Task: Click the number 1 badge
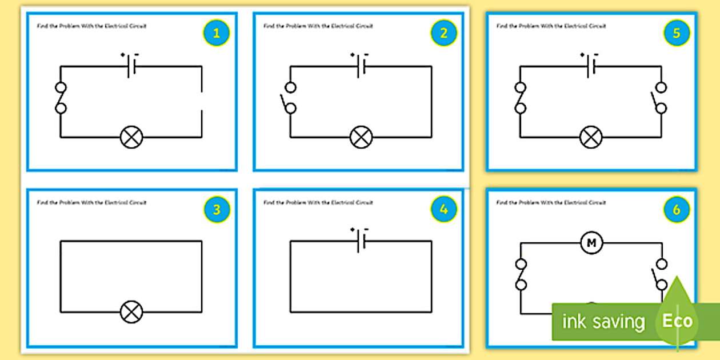pos(216,34)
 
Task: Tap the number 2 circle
pos(444,34)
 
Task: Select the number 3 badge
pos(216,210)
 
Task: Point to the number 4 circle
pos(444,210)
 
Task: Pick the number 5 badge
pos(677,34)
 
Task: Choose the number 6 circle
pos(677,210)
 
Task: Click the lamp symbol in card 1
pos(131,137)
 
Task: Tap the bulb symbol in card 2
pos(361,137)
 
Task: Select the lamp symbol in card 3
pos(131,312)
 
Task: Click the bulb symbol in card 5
pos(591,137)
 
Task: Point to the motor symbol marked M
pos(591,243)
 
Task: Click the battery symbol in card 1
pos(131,66)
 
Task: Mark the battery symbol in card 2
pos(361,66)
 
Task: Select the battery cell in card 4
pos(361,241)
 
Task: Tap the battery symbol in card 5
pos(591,66)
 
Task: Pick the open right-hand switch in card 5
pos(660,98)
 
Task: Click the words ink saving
pos(603,322)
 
